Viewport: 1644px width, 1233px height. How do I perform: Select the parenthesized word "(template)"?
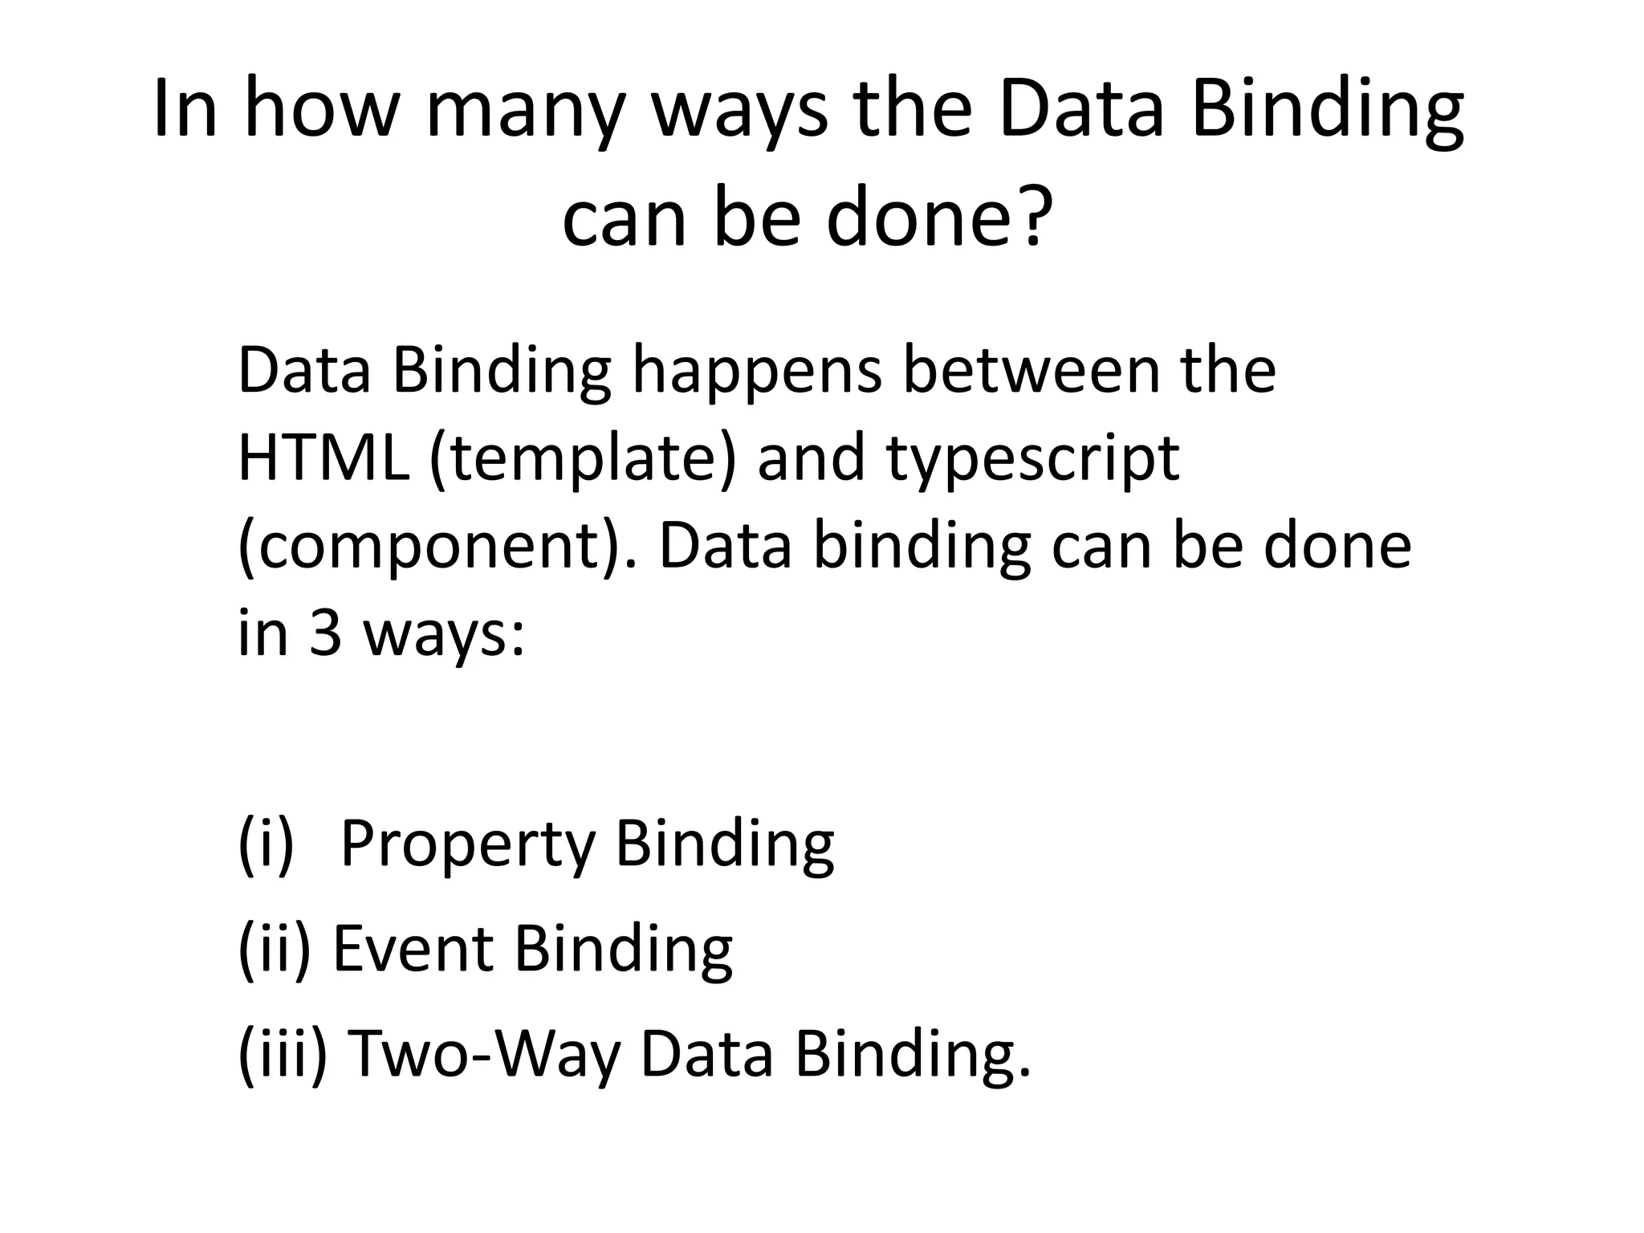[x=583, y=460]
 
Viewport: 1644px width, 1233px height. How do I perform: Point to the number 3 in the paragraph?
[x=326, y=634]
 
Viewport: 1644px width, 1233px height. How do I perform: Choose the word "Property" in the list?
[x=468, y=845]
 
